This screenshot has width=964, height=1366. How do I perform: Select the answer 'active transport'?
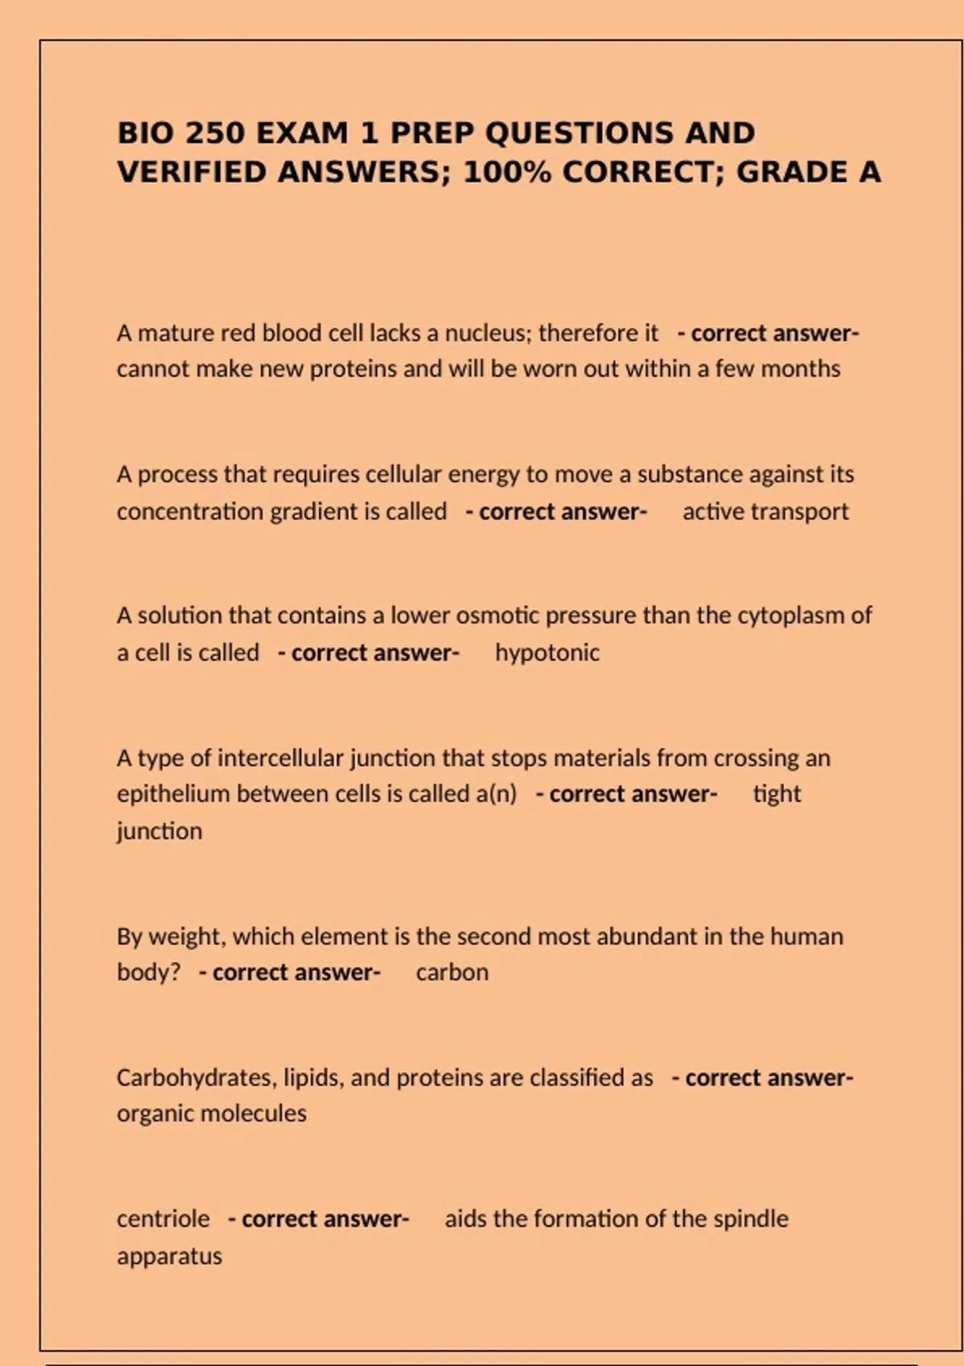766,512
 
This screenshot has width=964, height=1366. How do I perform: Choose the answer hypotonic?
547,652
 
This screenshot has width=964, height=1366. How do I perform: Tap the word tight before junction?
777,794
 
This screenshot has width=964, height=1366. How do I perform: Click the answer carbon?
452,972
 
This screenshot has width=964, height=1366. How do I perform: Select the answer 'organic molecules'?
211,1114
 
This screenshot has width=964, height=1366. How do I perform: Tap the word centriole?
163,1219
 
